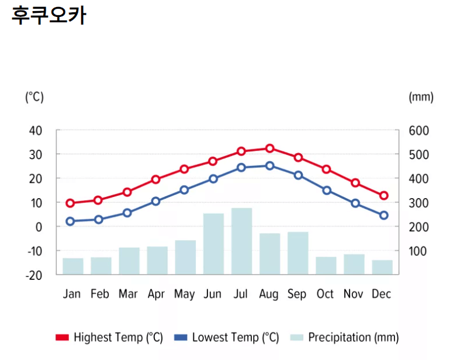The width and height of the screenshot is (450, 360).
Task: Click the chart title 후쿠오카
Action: pos(49,16)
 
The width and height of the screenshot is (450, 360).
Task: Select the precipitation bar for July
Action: pos(241,241)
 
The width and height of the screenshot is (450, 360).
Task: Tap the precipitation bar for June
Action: pos(213,244)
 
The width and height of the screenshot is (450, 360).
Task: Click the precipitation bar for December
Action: pos(382,267)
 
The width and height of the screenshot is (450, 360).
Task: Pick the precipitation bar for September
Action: pos(297,253)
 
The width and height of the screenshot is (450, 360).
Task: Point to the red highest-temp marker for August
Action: pos(269,148)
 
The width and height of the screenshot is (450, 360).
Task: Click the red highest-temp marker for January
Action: pos(71,203)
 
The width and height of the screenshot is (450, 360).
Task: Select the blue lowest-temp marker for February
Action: pos(99,220)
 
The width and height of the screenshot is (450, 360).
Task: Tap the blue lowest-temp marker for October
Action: pos(327,191)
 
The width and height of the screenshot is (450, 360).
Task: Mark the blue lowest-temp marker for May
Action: pos(184,190)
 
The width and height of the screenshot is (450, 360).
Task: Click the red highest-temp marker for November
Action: pos(355,183)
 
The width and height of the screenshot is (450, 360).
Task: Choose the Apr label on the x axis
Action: pos(156,294)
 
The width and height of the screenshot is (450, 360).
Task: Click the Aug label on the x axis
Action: pos(269,294)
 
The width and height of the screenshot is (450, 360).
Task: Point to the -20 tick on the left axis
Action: pos(35,275)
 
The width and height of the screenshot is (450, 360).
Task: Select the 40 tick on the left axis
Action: pos(36,130)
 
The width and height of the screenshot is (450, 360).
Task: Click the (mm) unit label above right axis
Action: pos(421,97)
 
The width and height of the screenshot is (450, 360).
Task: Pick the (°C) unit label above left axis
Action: pos(34,97)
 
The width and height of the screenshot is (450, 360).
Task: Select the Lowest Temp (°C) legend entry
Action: pos(227,338)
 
